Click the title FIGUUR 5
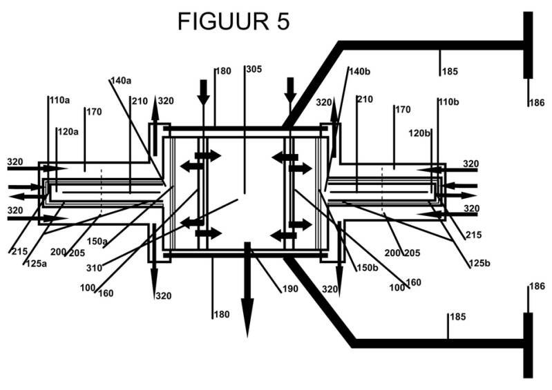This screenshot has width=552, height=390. coord(234,21)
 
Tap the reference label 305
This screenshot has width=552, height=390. coord(254,69)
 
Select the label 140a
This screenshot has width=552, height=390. coord(121,81)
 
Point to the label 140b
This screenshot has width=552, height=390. coord(359,71)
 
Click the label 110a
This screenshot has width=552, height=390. coord(59,100)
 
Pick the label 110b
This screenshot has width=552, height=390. coord(449,102)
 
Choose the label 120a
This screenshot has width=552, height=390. coord(68,132)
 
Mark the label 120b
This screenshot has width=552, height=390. coord(419,133)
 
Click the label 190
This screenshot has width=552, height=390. coord(290,289)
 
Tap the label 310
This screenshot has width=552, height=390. coord(94,268)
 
